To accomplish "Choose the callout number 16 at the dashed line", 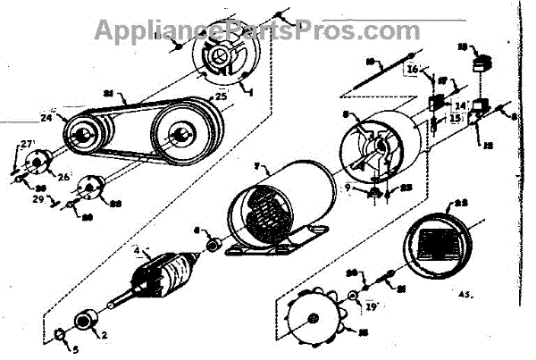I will pos(412,68).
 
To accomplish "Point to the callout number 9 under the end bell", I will pos(350,187).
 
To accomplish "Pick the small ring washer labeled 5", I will pos(59,333).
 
